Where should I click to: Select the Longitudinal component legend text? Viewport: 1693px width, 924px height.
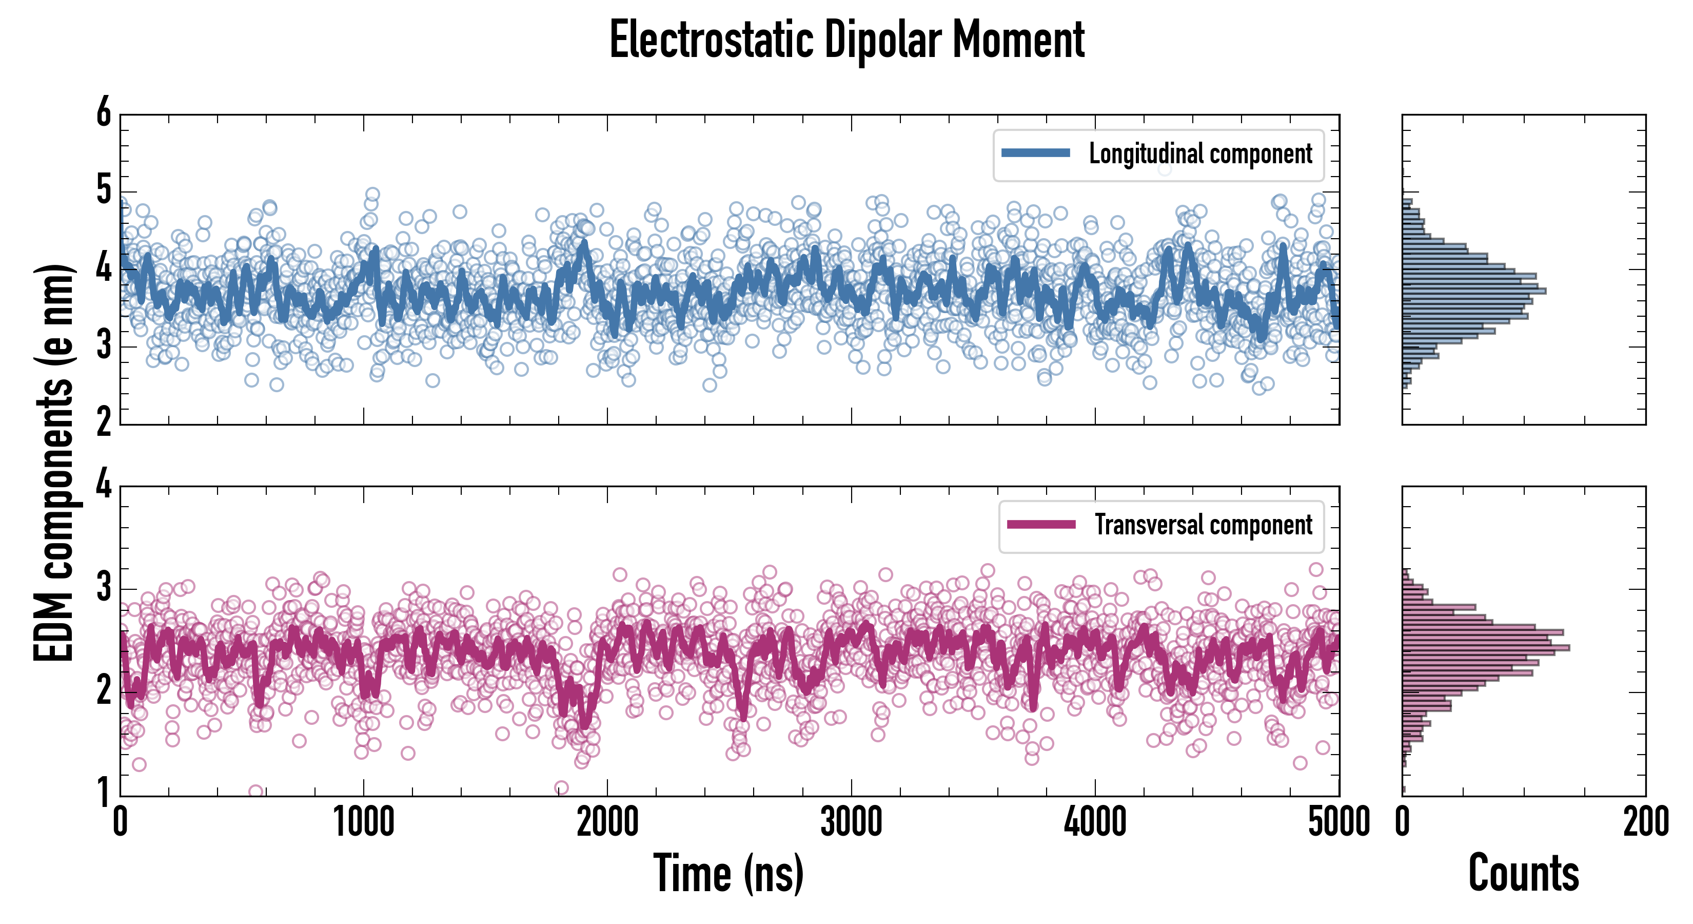1200,154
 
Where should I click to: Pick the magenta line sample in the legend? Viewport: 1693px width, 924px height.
1041,525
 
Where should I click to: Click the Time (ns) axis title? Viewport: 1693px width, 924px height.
728,873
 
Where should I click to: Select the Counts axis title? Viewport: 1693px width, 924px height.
1523,873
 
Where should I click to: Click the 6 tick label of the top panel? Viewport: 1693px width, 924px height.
104,113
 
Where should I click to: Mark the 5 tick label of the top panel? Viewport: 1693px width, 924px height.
104,191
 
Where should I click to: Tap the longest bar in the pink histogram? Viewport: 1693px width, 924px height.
1485,648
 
